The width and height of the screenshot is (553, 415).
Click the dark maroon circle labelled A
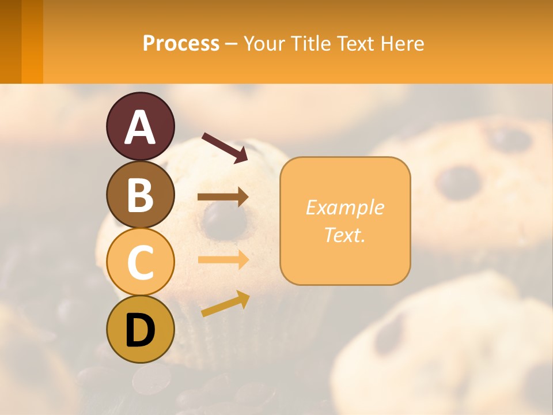pyautogui.click(x=141, y=127)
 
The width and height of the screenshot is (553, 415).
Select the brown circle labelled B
pyautogui.click(x=141, y=194)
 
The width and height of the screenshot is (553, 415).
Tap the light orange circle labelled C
pyautogui.click(x=141, y=262)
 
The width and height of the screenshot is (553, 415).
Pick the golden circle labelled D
pyautogui.click(x=141, y=329)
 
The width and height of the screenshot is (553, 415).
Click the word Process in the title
pyautogui.click(x=181, y=43)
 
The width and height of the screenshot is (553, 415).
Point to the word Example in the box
pyautogui.click(x=344, y=207)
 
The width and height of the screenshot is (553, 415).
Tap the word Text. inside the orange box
pyautogui.click(x=344, y=235)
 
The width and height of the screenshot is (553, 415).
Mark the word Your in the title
pyautogui.click(x=264, y=43)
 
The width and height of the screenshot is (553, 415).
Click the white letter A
pyautogui.click(x=141, y=127)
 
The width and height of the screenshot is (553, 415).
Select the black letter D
pyautogui.click(x=141, y=330)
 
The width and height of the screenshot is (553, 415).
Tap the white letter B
pyautogui.click(x=141, y=195)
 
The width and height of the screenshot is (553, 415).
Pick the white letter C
pyautogui.click(x=141, y=262)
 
